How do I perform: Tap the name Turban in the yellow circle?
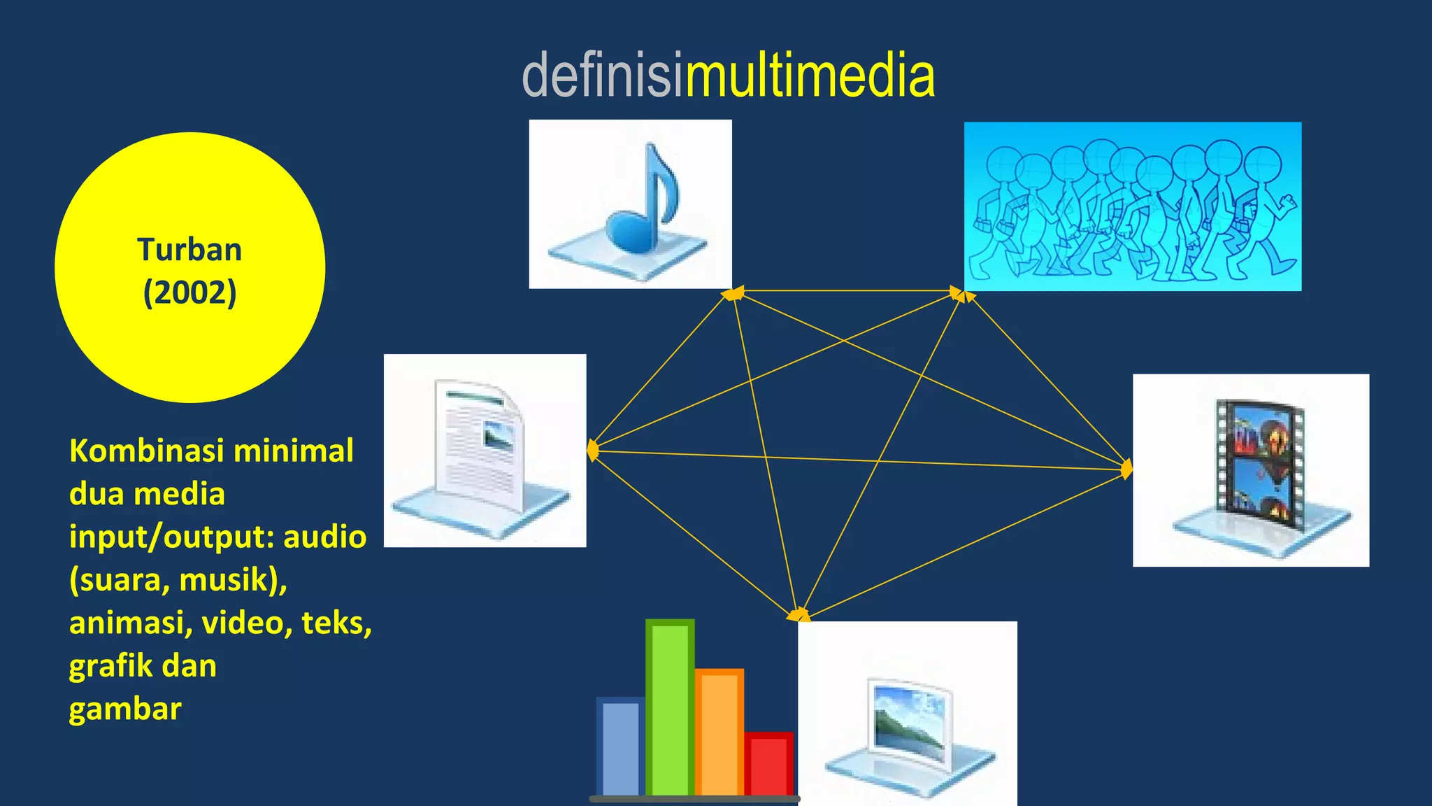[x=189, y=250]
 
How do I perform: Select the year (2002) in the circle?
[x=189, y=292]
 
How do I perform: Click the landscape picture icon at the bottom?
[x=909, y=728]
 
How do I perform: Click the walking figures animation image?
[x=1133, y=206]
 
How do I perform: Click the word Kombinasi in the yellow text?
[x=147, y=451]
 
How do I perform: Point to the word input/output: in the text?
[x=172, y=537]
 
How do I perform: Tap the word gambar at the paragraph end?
[x=125, y=709]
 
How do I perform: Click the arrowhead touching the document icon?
[x=592, y=450]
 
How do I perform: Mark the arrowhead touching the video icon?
[x=1126, y=469]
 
